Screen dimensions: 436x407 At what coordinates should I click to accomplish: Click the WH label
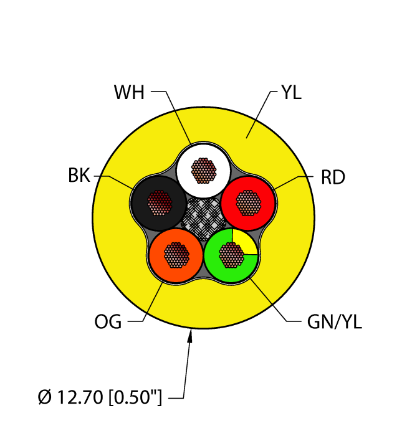click(x=129, y=93)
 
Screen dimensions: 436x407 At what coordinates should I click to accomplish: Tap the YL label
click(x=291, y=93)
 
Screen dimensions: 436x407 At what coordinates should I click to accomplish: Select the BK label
click(x=79, y=176)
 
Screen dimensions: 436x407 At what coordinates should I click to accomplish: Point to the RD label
click(x=332, y=178)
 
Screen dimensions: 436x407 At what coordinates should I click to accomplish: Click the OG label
click(x=108, y=322)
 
